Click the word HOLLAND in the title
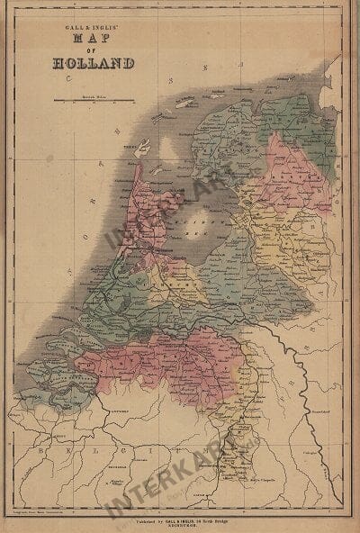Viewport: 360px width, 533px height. coord(94,64)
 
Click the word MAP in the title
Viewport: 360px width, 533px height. coord(94,41)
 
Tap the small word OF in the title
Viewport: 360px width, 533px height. coord(94,51)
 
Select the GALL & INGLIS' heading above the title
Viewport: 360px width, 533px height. coord(94,29)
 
